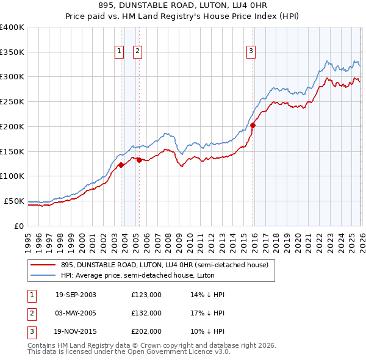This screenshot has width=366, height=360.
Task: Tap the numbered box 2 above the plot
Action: pos(138,52)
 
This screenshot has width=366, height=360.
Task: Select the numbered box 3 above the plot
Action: pos(251,52)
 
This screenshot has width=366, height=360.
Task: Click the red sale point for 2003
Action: pos(121,165)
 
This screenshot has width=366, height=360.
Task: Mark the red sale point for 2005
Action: pos(138,160)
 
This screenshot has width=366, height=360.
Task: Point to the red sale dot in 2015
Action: pos(253,126)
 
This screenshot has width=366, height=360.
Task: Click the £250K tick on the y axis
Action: pos(12,101)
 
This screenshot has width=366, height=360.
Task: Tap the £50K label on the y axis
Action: pos(15,201)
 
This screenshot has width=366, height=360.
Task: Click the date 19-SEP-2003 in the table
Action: pos(76,295)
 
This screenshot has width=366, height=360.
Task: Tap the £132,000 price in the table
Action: pos(146,314)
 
